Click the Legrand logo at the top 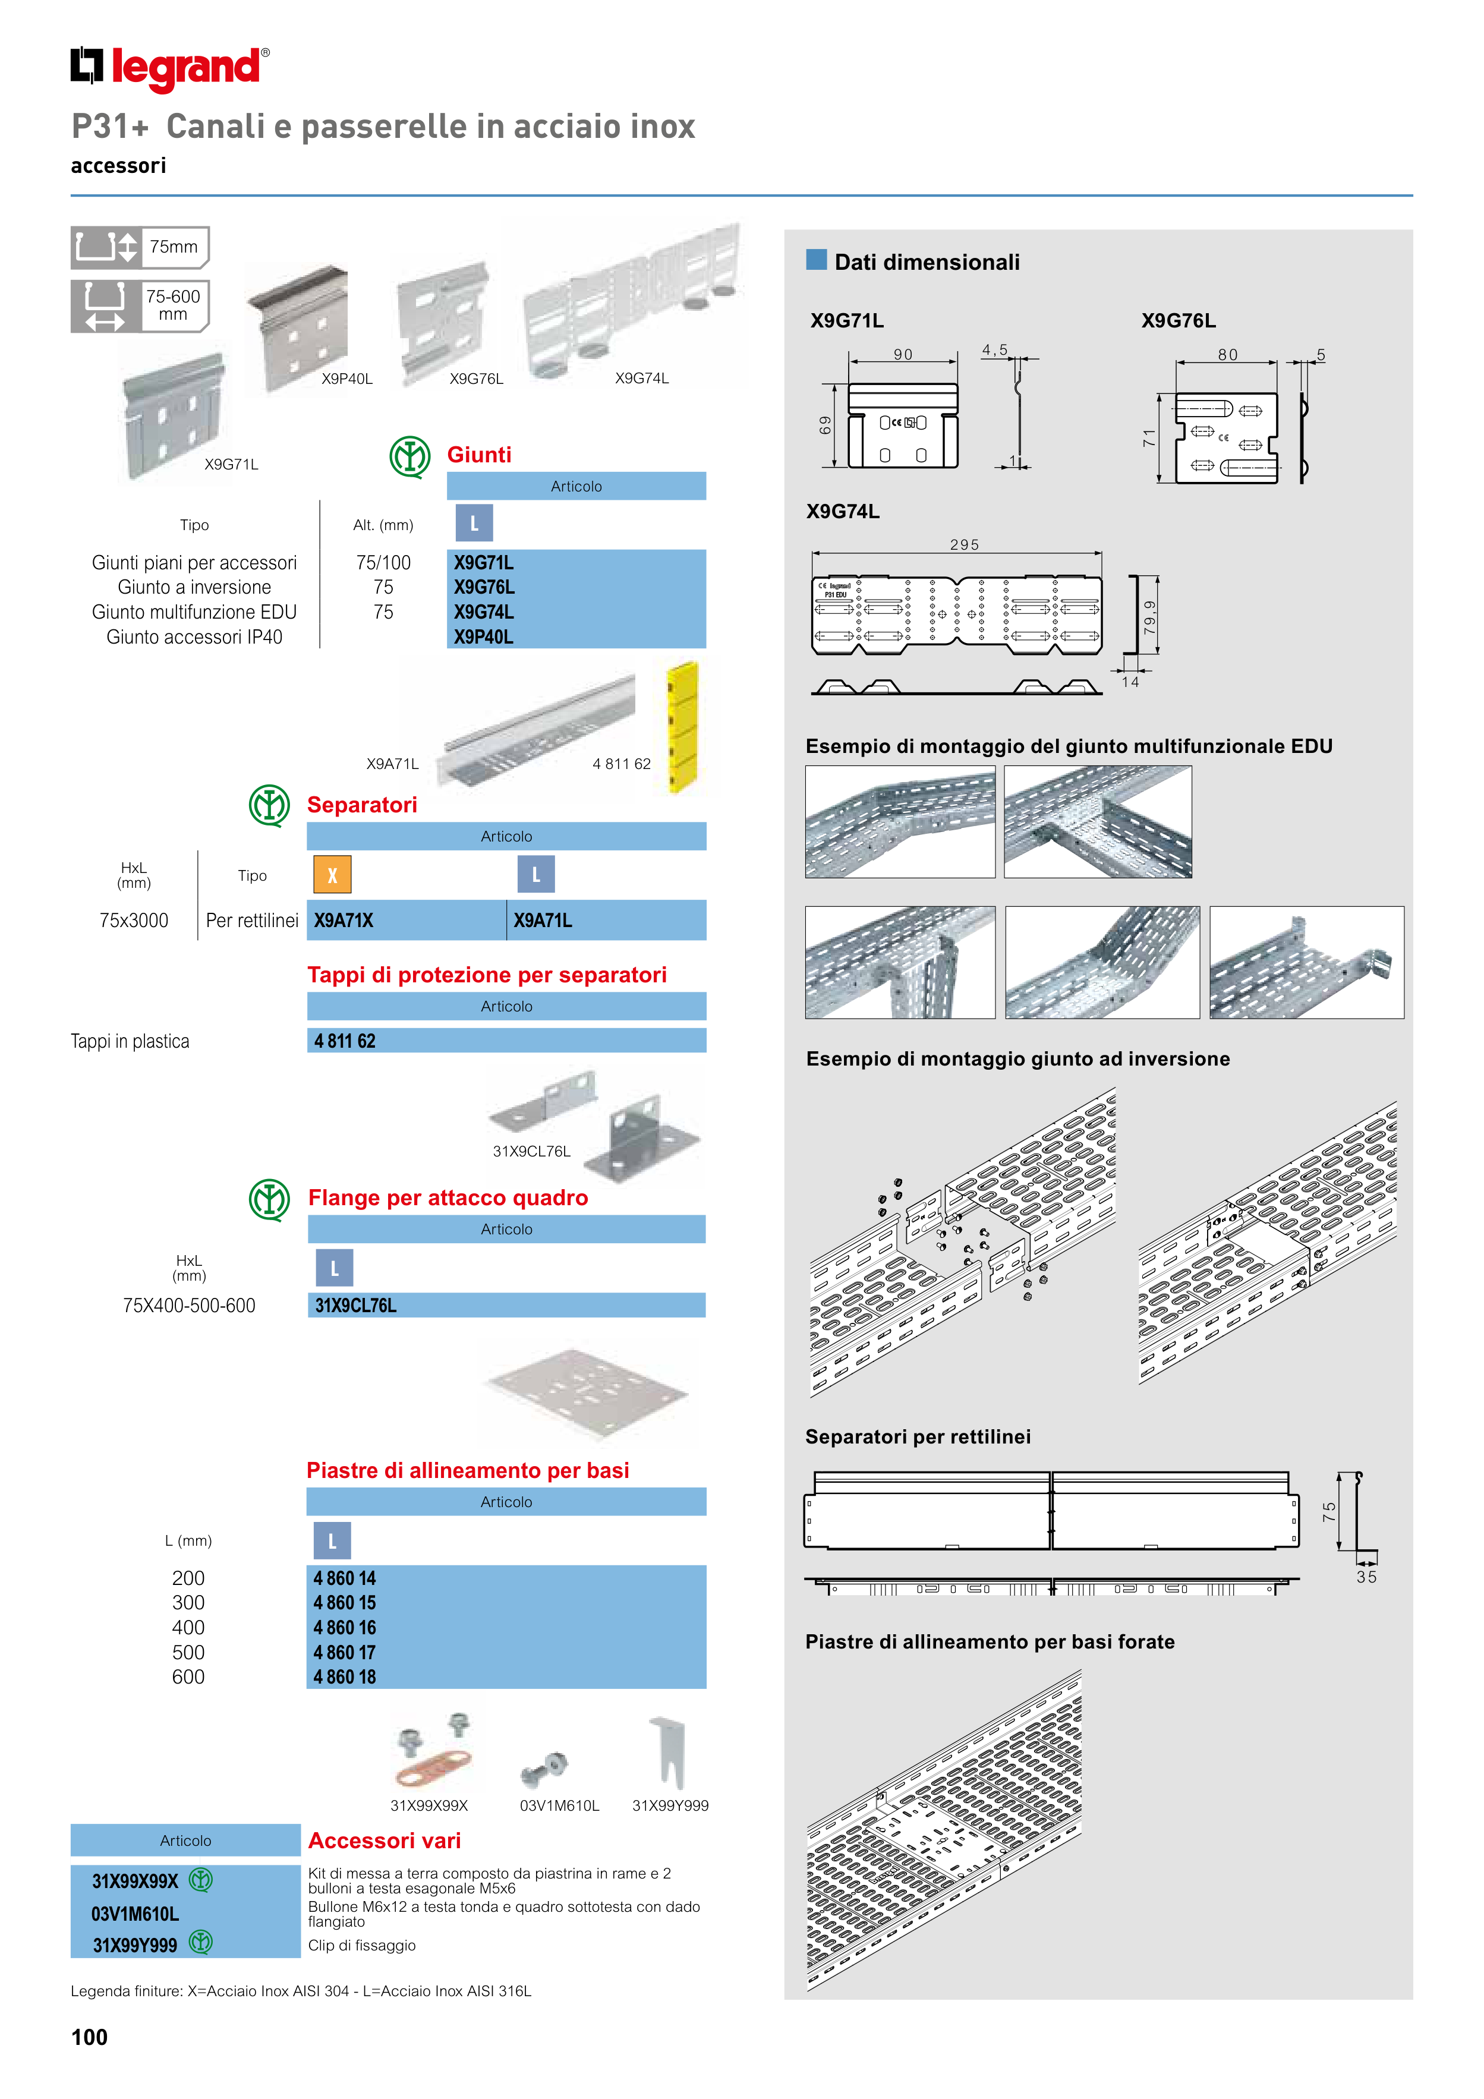pos(169,68)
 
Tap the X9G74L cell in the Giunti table pos(484,612)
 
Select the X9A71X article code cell pos(344,921)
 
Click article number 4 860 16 pos(345,1627)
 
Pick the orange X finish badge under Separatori pos(332,875)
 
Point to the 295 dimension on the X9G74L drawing pos(964,545)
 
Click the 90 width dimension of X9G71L pos(903,355)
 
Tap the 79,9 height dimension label pos(1149,616)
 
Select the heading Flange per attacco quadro pos(448,1197)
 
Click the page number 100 pos(90,2037)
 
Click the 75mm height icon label pos(173,247)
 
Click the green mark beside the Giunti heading pos(409,455)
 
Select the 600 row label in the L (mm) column pos(188,1676)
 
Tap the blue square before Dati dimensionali pos(815,260)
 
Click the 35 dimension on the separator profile pos(1366,1577)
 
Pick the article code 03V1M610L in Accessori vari pos(136,1914)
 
